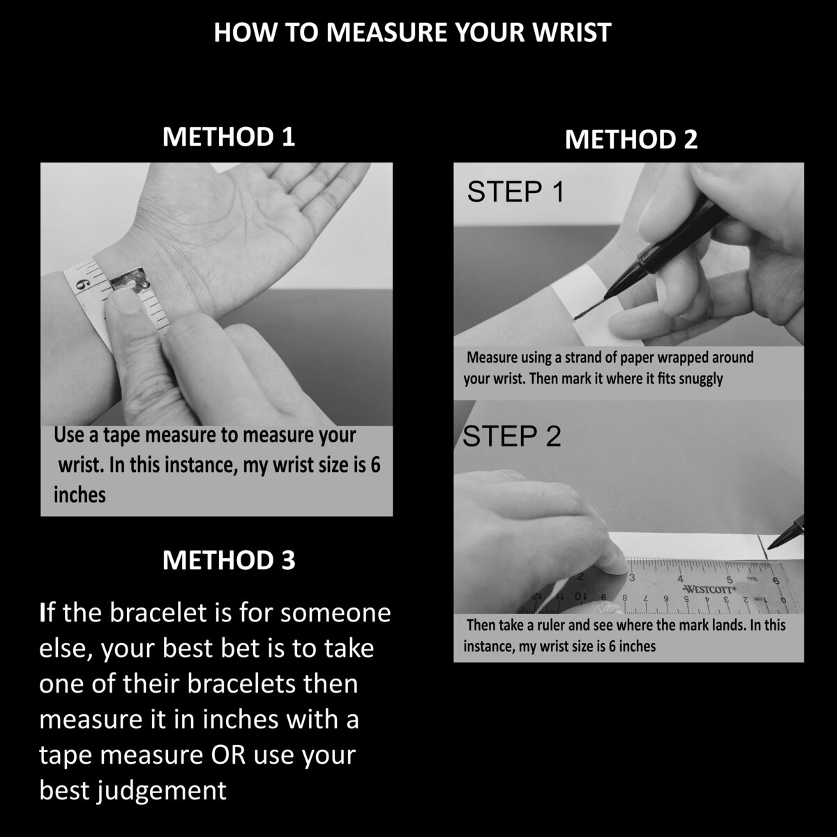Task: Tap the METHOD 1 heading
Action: point(229,137)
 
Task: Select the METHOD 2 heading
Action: point(631,139)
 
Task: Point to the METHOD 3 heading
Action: point(229,560)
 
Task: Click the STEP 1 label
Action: point(515,192)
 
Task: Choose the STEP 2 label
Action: point(512,436)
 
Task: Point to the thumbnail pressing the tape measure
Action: point(125,301)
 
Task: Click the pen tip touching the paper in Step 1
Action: point(576,318)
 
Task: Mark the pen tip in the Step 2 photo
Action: point(769,548)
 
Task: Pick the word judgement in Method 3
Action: point(161,791)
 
